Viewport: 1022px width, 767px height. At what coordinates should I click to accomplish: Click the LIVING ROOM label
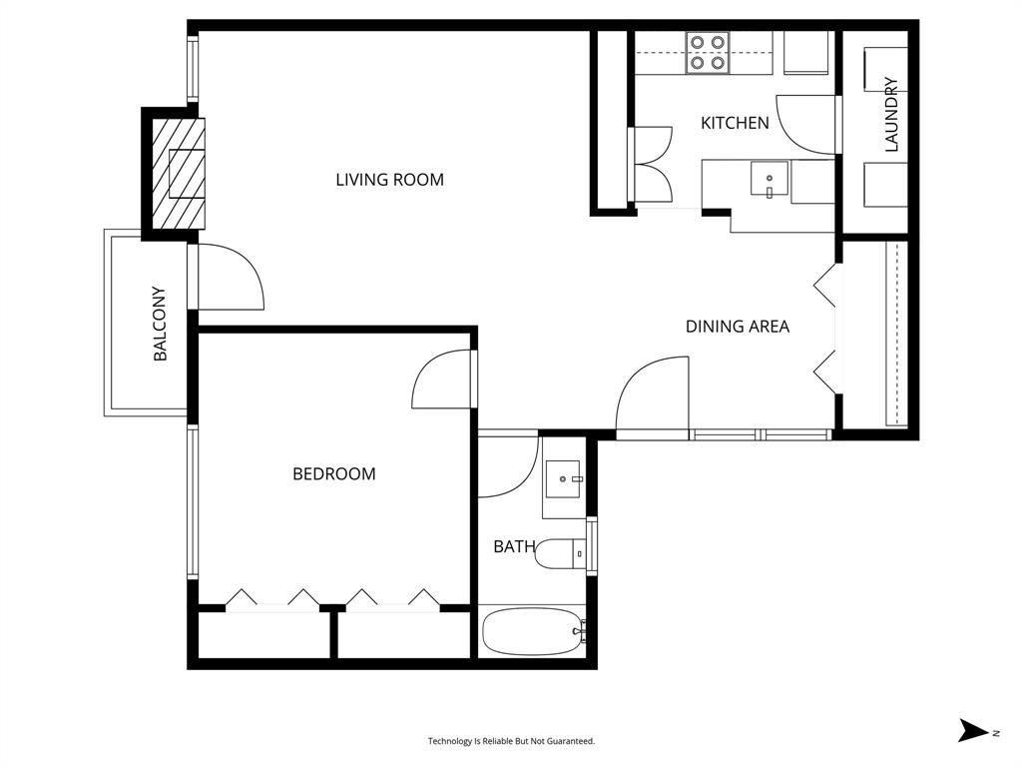[389, 180]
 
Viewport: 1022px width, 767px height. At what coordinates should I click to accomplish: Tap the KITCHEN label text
[735, 123]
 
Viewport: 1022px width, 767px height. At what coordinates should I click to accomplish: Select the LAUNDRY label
[891, 115]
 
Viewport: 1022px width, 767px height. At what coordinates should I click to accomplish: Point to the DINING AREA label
[737, 327]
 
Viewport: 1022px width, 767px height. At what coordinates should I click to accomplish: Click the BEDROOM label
[333, 473]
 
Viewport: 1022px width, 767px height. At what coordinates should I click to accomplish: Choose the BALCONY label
[160, 324]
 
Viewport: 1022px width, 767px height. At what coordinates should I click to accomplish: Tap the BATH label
[514, 546]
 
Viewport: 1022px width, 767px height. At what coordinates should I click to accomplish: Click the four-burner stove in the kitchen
[707, 52]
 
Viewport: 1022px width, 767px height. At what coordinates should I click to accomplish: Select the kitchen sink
[768, 181]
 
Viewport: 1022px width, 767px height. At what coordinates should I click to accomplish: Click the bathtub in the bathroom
[532, 631]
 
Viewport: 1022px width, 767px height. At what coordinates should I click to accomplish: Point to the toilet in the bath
[559, 553]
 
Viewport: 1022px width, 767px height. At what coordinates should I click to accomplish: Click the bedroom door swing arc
[440, 380]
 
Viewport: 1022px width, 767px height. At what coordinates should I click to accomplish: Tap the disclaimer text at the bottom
[511, 741]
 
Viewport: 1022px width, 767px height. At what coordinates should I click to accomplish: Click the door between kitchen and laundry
[806, 125]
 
